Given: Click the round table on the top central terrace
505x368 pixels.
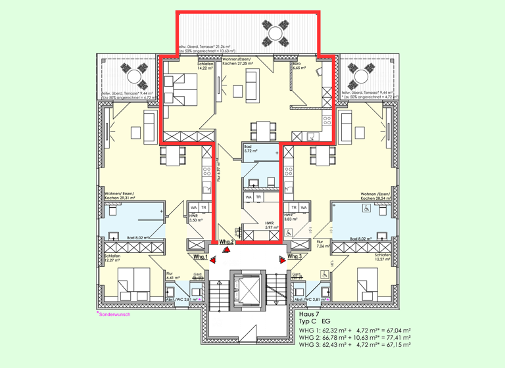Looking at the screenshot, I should click(274, 32).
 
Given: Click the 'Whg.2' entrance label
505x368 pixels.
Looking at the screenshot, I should click(228, 242).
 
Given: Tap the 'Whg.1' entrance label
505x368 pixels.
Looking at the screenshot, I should click(201, 257).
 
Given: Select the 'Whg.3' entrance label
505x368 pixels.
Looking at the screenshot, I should click(295, 257).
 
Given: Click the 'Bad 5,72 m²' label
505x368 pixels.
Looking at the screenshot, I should click(251, 149).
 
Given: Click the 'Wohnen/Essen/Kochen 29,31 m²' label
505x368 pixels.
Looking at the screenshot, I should click(119, 195).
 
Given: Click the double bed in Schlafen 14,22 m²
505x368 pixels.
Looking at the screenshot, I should click(181, 87).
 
